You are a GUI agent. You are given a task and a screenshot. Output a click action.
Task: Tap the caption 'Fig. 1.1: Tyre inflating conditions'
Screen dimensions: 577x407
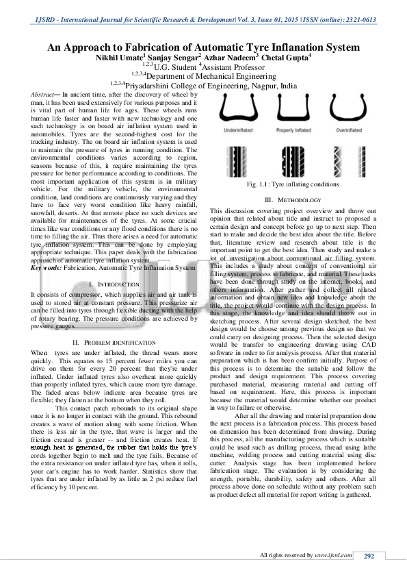(293, 184)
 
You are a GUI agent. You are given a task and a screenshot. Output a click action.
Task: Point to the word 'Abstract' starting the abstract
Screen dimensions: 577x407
(49, 93)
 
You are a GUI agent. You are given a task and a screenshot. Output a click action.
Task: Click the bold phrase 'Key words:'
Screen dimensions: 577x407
(47, 268)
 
